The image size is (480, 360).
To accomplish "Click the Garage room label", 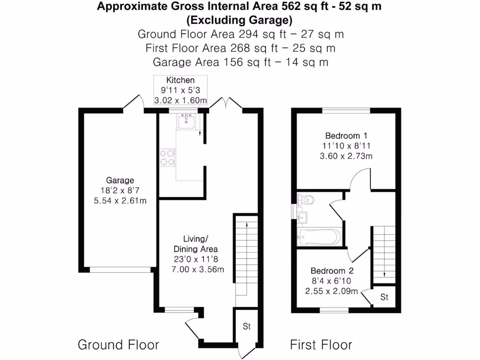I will (x=120, y=180).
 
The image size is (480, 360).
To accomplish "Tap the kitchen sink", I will (x=187, y=122).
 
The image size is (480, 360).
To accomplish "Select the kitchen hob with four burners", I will (x=167, y=157).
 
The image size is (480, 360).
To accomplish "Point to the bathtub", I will (x=319, y=237).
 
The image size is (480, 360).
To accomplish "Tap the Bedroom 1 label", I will (x=346, y=136).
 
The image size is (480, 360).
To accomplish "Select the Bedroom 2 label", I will (x=332, y=271).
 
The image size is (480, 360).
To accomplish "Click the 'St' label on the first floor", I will (x=384, y=297).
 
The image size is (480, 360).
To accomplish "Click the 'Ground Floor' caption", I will (x=118, y=345).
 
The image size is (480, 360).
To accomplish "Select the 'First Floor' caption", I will (x=321, y=345).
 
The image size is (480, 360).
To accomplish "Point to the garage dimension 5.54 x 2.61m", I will (x=120, y=201).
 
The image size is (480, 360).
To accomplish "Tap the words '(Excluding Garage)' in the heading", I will (x=240, y=20).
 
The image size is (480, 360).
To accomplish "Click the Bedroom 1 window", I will (x=346, y=111).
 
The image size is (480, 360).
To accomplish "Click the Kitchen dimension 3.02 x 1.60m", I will (x=180, y=100).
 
